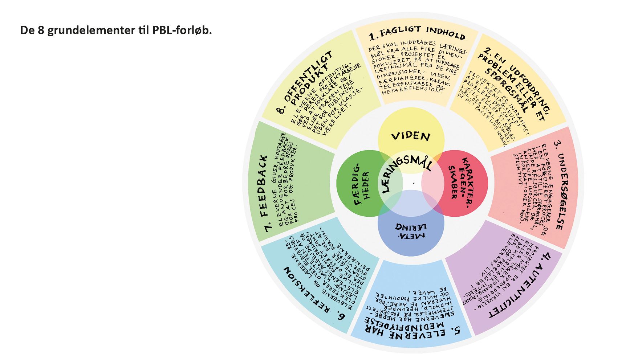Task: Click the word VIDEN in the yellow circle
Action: [411, 136]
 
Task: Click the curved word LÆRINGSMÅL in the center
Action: [406, 171]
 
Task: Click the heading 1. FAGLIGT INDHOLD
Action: [416, 34]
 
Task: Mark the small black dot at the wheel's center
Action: [414, 183]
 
